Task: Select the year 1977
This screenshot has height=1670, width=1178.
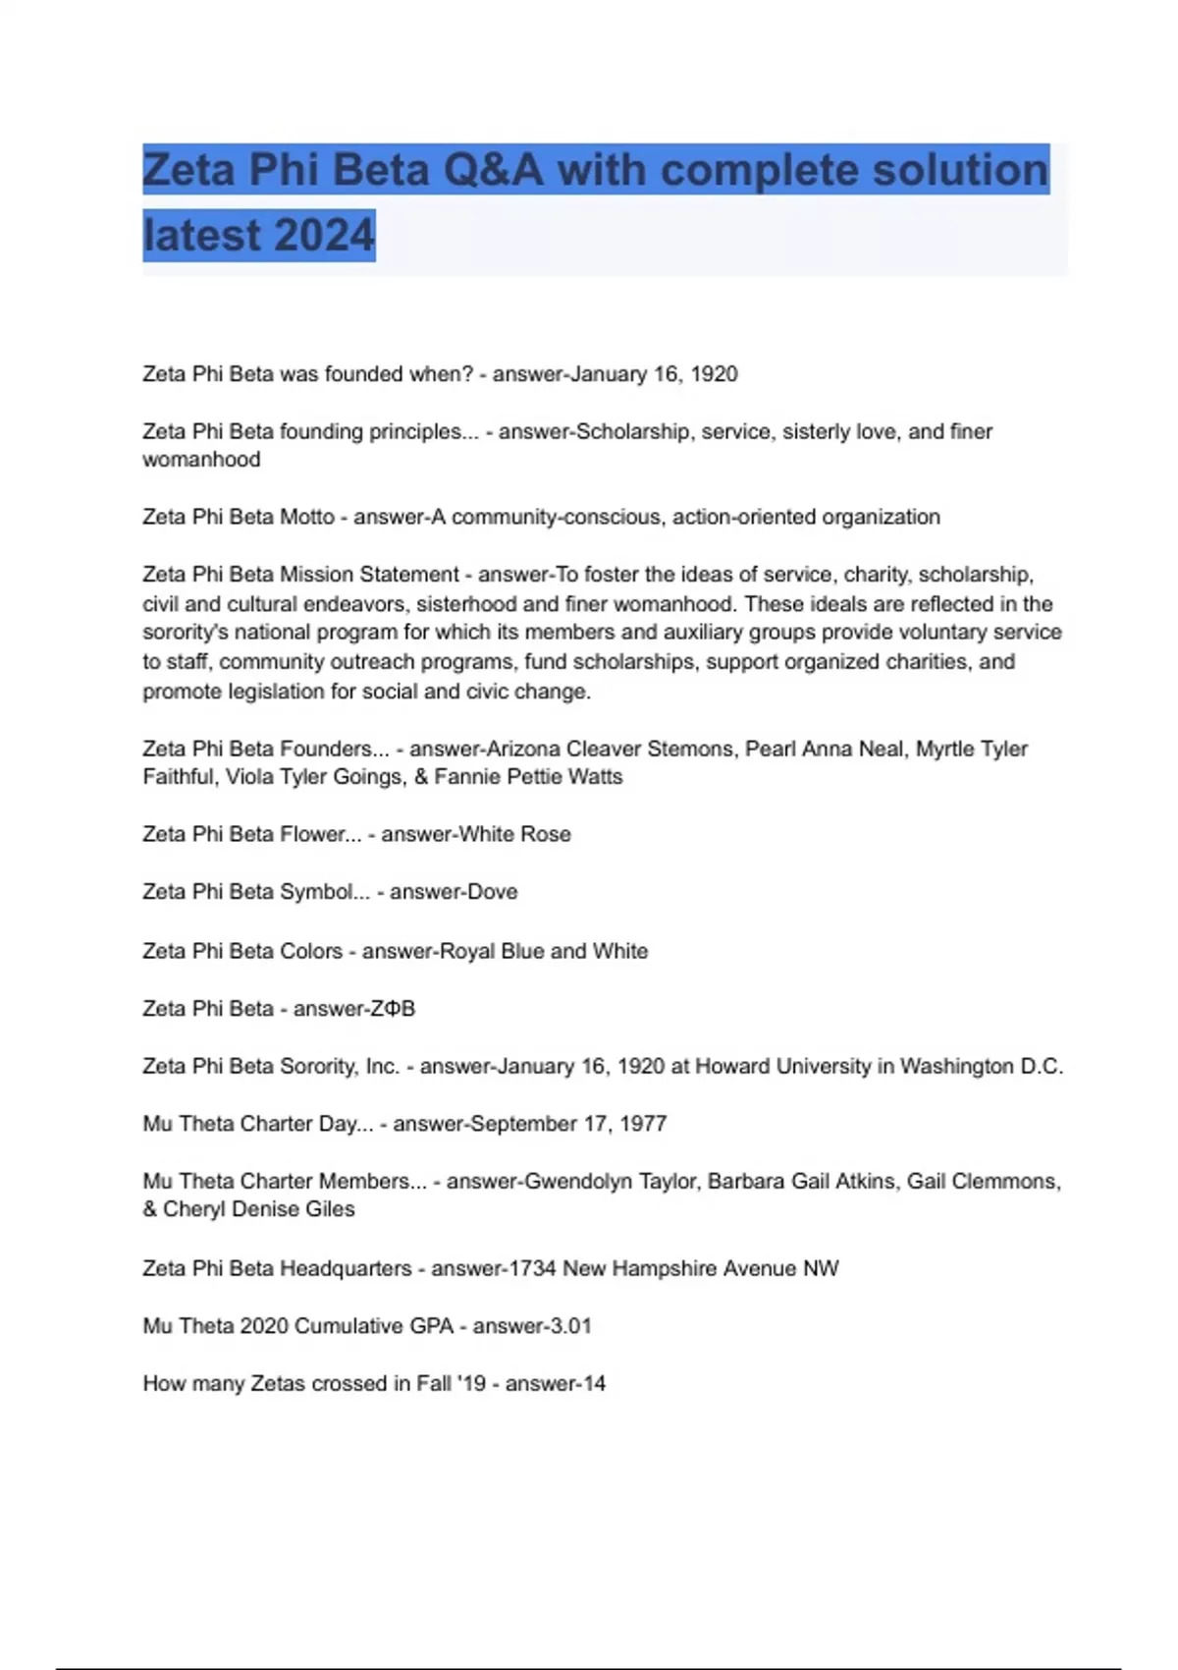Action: pos(643,1124)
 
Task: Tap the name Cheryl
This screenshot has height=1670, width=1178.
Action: pos(187,1209)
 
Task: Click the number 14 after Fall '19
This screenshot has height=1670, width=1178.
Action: pos(594,1384)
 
